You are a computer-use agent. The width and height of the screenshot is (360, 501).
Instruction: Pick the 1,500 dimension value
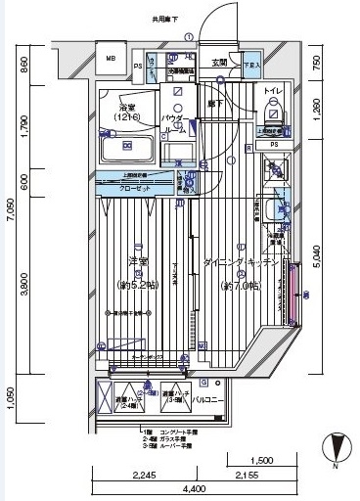click(x=261, y=460)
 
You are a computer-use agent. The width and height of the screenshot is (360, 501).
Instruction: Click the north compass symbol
click(x=338, y=447)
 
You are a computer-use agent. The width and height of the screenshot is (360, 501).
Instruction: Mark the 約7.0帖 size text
click(x=240, y=286)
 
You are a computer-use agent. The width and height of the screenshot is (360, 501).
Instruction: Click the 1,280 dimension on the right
click(x=338, y=110)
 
